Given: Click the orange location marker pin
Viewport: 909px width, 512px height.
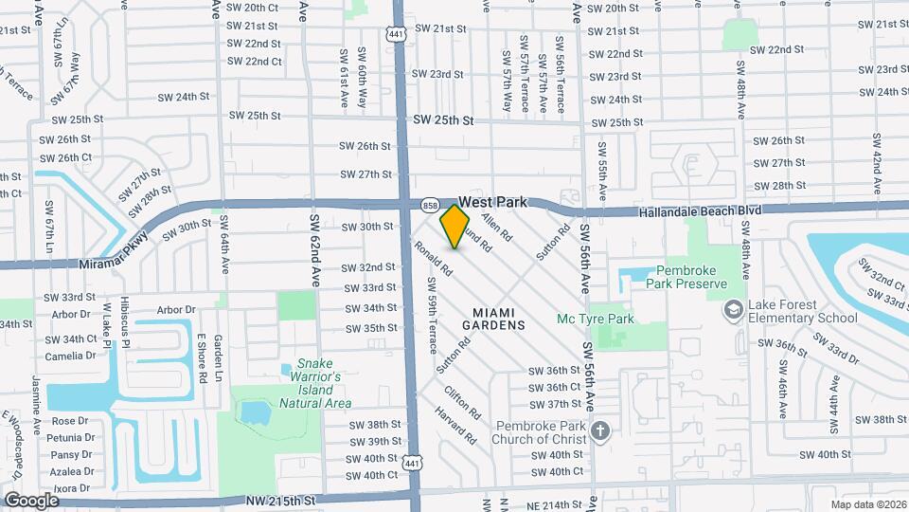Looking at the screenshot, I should click(x=455, y=227).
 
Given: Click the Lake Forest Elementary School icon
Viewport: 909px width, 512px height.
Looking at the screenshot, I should click(x=733, y=310).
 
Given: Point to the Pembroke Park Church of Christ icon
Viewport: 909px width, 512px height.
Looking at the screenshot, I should click(x=598, y=433).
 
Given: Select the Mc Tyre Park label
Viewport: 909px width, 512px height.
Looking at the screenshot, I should click(x=595, y=320).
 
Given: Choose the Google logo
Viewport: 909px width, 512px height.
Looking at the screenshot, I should click(x=31, y=500).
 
